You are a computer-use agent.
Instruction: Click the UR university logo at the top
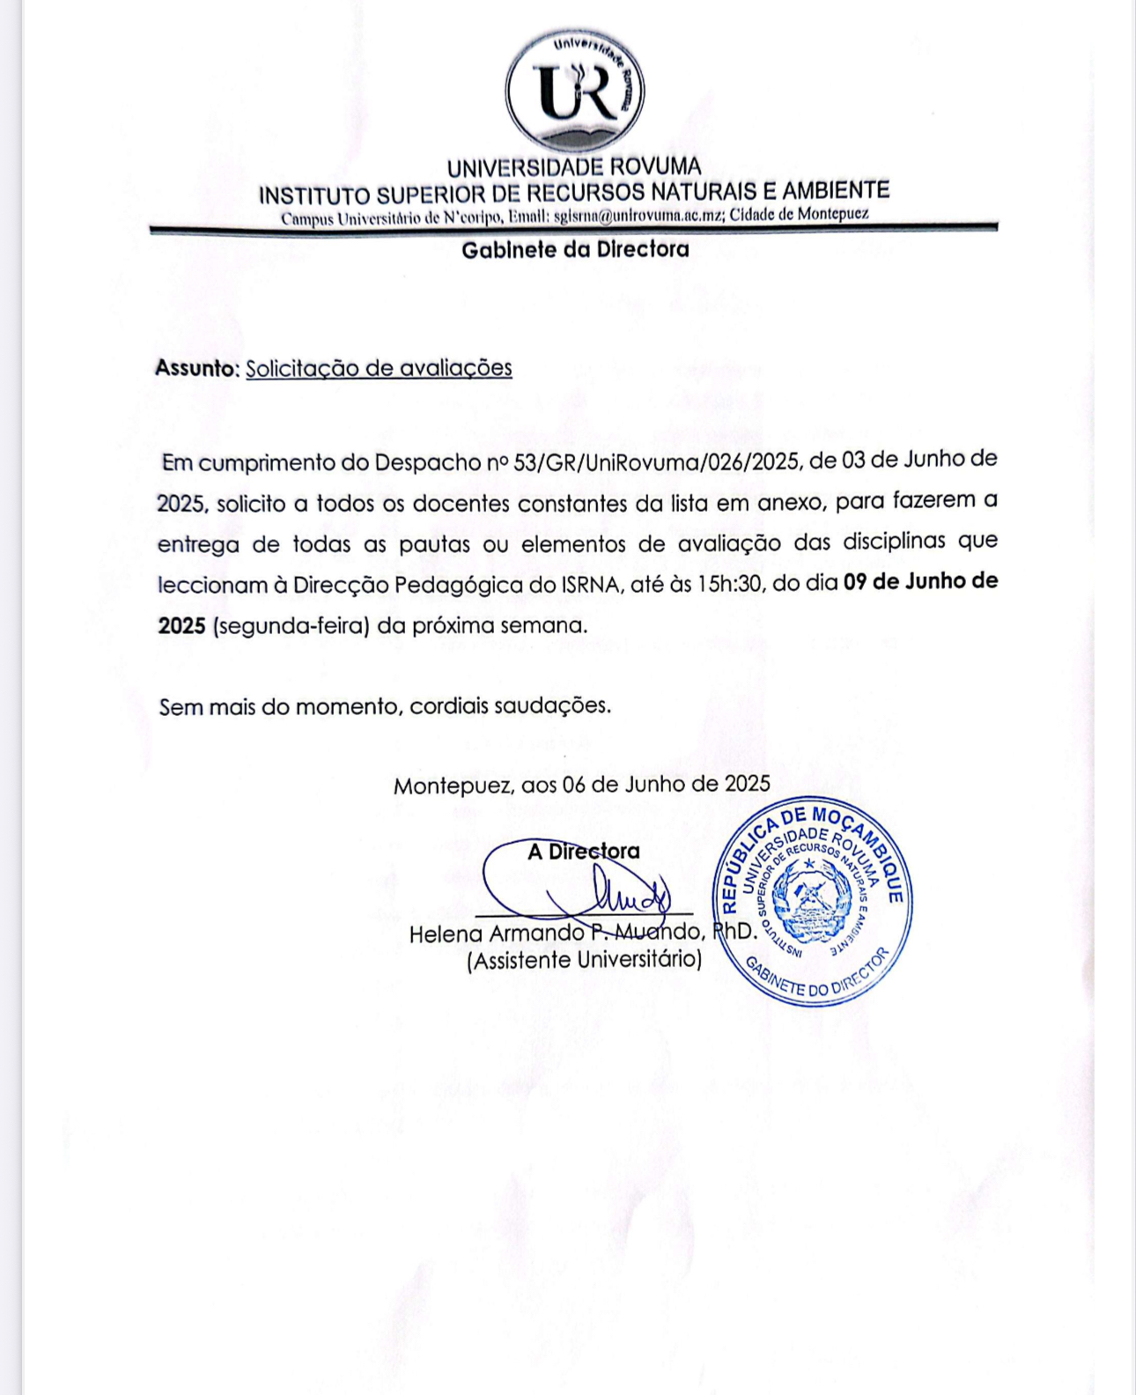point(575,92)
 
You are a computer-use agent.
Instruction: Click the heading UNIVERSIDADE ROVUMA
point(574,167)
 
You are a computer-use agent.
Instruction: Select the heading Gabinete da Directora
point(575,250)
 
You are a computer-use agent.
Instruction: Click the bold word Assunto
point(195,368)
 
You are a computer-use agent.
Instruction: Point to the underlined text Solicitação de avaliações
point(379,368)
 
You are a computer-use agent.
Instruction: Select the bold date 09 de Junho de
point(920,582)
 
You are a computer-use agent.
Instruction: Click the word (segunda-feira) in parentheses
point(291,626)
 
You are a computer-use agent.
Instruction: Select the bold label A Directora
point(583,852)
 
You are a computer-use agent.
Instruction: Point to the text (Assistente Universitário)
point(584,960)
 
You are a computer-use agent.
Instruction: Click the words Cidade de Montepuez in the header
point(800,214)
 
